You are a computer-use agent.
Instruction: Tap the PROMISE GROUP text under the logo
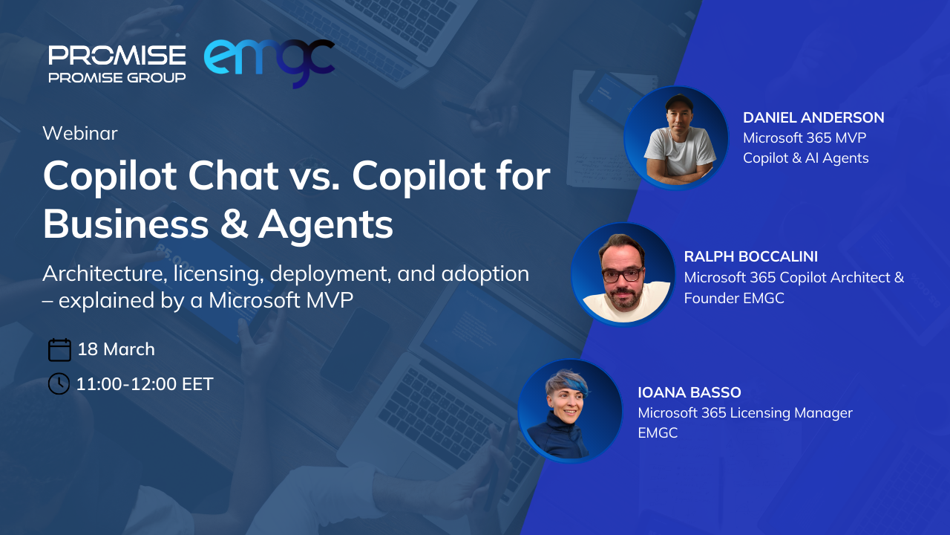tap(117, 78)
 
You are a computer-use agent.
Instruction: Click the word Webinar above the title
tap(80, 133)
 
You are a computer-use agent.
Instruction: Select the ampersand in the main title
tap(234, 224)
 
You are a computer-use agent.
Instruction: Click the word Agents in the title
tap(326, 226)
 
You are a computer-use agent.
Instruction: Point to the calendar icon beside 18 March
tap(59, 350)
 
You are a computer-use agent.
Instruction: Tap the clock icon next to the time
tap(59, 384)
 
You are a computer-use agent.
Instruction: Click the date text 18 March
tap(117, 349)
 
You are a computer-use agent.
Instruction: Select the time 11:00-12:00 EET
tap(145, 384)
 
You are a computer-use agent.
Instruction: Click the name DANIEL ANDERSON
tap(813, 117)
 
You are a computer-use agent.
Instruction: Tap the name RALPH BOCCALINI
tap(750, 256)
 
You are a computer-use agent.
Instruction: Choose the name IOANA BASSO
tap(689, 392)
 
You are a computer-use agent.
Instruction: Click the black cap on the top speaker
tap(678, 102)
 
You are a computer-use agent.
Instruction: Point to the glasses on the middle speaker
tap(623, 275)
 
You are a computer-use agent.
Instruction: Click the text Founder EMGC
tap(734, 298)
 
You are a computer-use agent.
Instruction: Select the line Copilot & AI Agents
tap(806, 158)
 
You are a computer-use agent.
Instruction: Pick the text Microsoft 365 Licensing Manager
tap(745, 412)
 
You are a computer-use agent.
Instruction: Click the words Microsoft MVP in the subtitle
tap(281, 300)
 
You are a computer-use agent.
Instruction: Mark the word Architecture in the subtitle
tap(102, 273)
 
